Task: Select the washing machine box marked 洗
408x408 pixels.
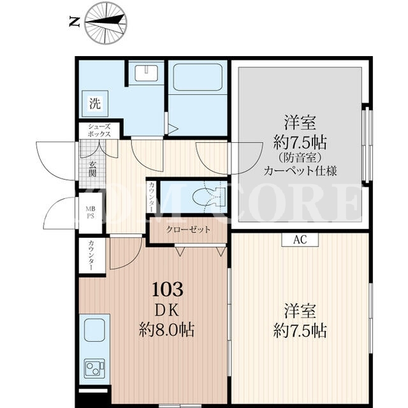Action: (95, 103)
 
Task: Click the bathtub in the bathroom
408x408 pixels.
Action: (198, 77)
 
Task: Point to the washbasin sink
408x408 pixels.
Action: (146, 73)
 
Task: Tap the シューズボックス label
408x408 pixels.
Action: (99, 130)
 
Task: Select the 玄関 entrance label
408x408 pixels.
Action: (92, 169)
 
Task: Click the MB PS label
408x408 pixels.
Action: (91, 212)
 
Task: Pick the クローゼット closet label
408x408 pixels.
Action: (188, 229)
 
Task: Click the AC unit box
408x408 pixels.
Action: (300, 240)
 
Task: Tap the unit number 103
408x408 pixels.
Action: (168, 289)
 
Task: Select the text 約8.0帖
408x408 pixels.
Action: (167, 330)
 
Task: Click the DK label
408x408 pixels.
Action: (167, 310)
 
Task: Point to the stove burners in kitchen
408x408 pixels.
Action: (95, 367)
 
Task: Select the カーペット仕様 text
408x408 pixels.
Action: (300, 171)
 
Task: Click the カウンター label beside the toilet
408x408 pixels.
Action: (151, 197)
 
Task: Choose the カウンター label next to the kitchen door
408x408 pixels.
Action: (91, 255)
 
